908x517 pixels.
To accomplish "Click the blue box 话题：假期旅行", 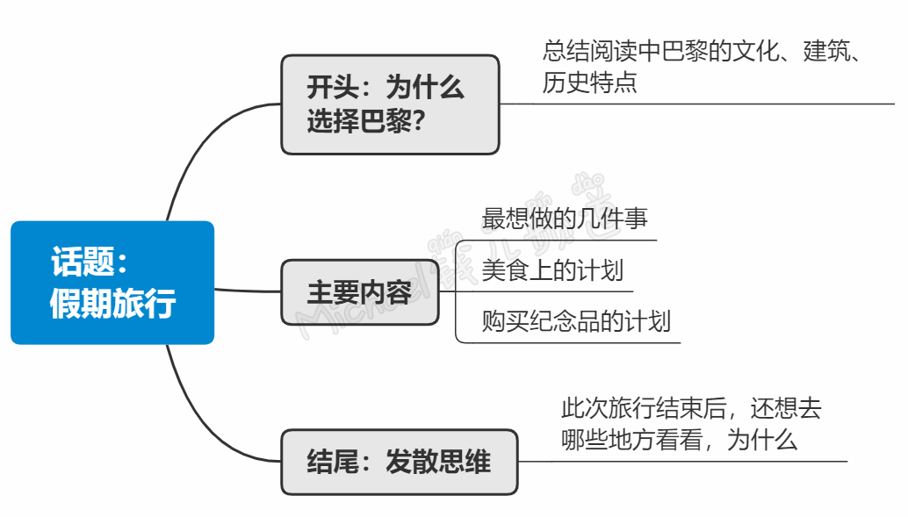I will pos(112,283).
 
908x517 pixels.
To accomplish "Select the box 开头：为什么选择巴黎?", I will pos(390,104).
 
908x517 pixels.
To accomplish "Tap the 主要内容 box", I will pos(359,292).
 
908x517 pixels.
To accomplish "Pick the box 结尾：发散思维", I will pos(399,462).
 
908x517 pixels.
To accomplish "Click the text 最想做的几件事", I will pos(565,219).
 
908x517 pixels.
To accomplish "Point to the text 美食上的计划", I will pos(552,269).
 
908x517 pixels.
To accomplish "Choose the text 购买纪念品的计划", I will pos(576,320).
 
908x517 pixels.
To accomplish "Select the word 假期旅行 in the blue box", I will pos(112,304).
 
